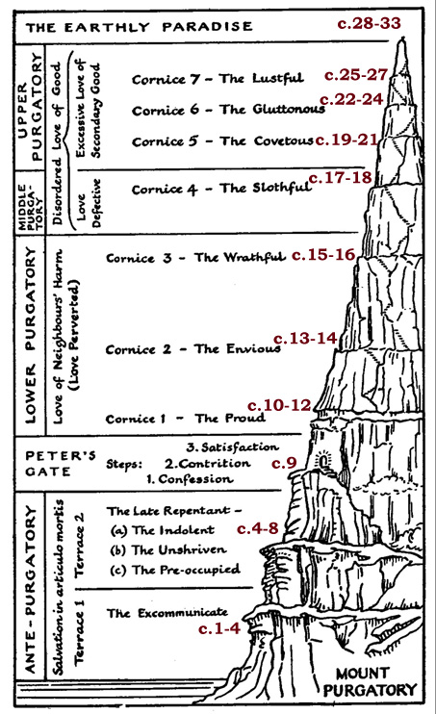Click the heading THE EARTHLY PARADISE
(x=139, y=27)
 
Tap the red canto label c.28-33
(x=369, y=23)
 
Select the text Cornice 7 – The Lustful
(x=218, y=79)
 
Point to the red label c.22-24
(x=351, y=99)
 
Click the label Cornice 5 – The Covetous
(x=222, y=141)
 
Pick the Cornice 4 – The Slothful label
(x=221, y=189)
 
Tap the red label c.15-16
(x=323, y=255)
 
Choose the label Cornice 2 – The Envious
(x=193, y=349)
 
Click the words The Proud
(x=230, y=418)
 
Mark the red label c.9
(x=284, y=463)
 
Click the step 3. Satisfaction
(x=232, y=447)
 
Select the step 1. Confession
(x=189, y=479)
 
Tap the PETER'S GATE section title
(x=60, y=464)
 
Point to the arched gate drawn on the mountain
(x=323, y=461)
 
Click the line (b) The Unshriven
(x=168, y=550)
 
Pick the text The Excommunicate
(x=167, y=613)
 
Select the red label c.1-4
(x=219, y=629)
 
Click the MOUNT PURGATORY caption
(x=370, y=681)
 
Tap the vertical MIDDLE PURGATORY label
(x=30, y=204)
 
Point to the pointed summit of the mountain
(x=401, y=41)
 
